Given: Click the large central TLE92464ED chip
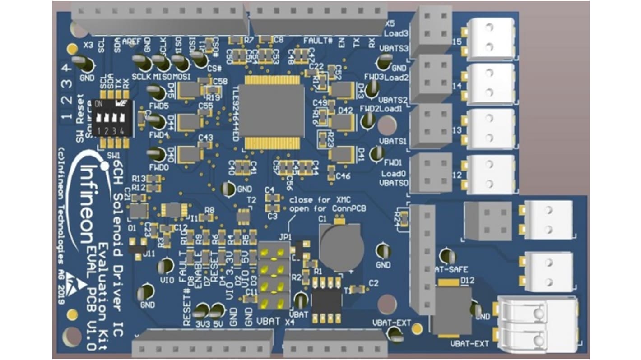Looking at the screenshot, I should pyautogui.click(x=272, y=110).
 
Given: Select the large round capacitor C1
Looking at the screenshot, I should pyautogui.click(x=341, y=246).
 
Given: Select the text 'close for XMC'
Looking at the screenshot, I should pyautogui.click(x=315, y=199).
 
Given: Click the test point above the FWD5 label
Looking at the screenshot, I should pyautogui.click(x=158, y=94).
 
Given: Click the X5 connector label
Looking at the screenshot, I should pyautogui.click(x=390, y=23).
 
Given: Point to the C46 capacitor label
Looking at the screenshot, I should pyautogui.click(x=344, y=176).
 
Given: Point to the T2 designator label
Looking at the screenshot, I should pyautogui.click(x=251, y=200).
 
